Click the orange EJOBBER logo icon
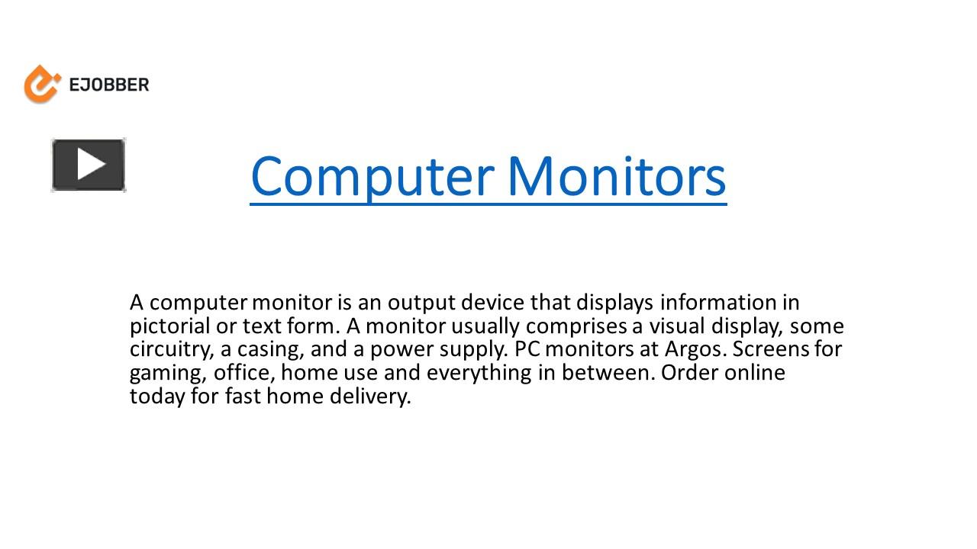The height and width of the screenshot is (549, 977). tap(41, 84)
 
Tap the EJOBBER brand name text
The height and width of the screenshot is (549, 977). tap(109, 85)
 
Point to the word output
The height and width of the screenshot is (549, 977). tap(418, 303)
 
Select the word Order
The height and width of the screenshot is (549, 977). tap(689, 374)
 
